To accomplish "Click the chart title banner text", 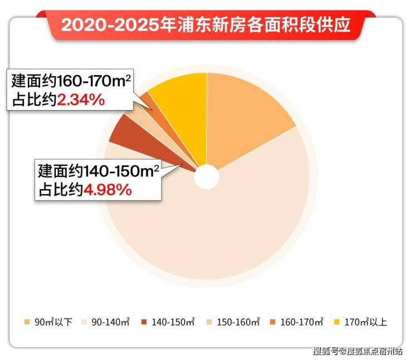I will (x=205, y=25).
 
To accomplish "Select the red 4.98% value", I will (x=107, y=190).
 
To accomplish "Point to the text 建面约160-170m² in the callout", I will (x=72, y=81).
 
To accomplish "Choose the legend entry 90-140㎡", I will (x=109, y=322).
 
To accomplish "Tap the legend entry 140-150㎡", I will (x=173, y=322).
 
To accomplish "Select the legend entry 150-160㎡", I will (x=237, y=322).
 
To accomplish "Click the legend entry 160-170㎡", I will (x=301, y=322).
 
